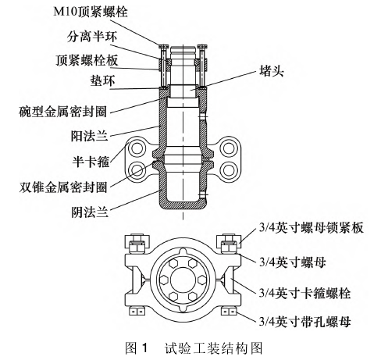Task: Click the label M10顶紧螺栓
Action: pyautogui.click(x=91, y=12)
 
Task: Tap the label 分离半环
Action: pyautogui.click(x=92, y=37)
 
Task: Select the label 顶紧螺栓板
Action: pyautogui.click(x=87, y=60)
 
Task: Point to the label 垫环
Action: pyautogui.click(x=102, y=80)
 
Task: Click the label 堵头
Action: pyautogui.click(x=272, y=70)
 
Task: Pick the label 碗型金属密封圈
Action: pyautogui.click(x=63, y=112)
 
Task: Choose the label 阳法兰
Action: pyautogui.click(x=90, y=136)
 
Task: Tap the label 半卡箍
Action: pyautogui.click(x=91, y=162)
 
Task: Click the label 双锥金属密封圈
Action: pyautogui.click(x=63, y=187)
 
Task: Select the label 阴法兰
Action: pyautogui.click(x=90, y=212)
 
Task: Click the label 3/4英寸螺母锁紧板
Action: pyautogui.click(x=311, y=227)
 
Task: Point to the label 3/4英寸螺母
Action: pyautogui.click(x=292, y=262)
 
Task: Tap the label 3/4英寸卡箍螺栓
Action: pyautogui.click(x=304, y=293)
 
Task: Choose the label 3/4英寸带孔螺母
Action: pyautogui.click(x=304, y=321)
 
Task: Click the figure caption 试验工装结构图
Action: pyautogui.click(x=213, y=348)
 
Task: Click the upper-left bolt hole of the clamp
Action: pyautogui.click(x=137, y=148)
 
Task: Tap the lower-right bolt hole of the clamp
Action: pyautogui.click(x=228, y=170)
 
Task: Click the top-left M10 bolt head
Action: pyautogui.click(x=163, y=47)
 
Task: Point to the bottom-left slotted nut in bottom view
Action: pyautogui.click(x=137, y=311)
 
